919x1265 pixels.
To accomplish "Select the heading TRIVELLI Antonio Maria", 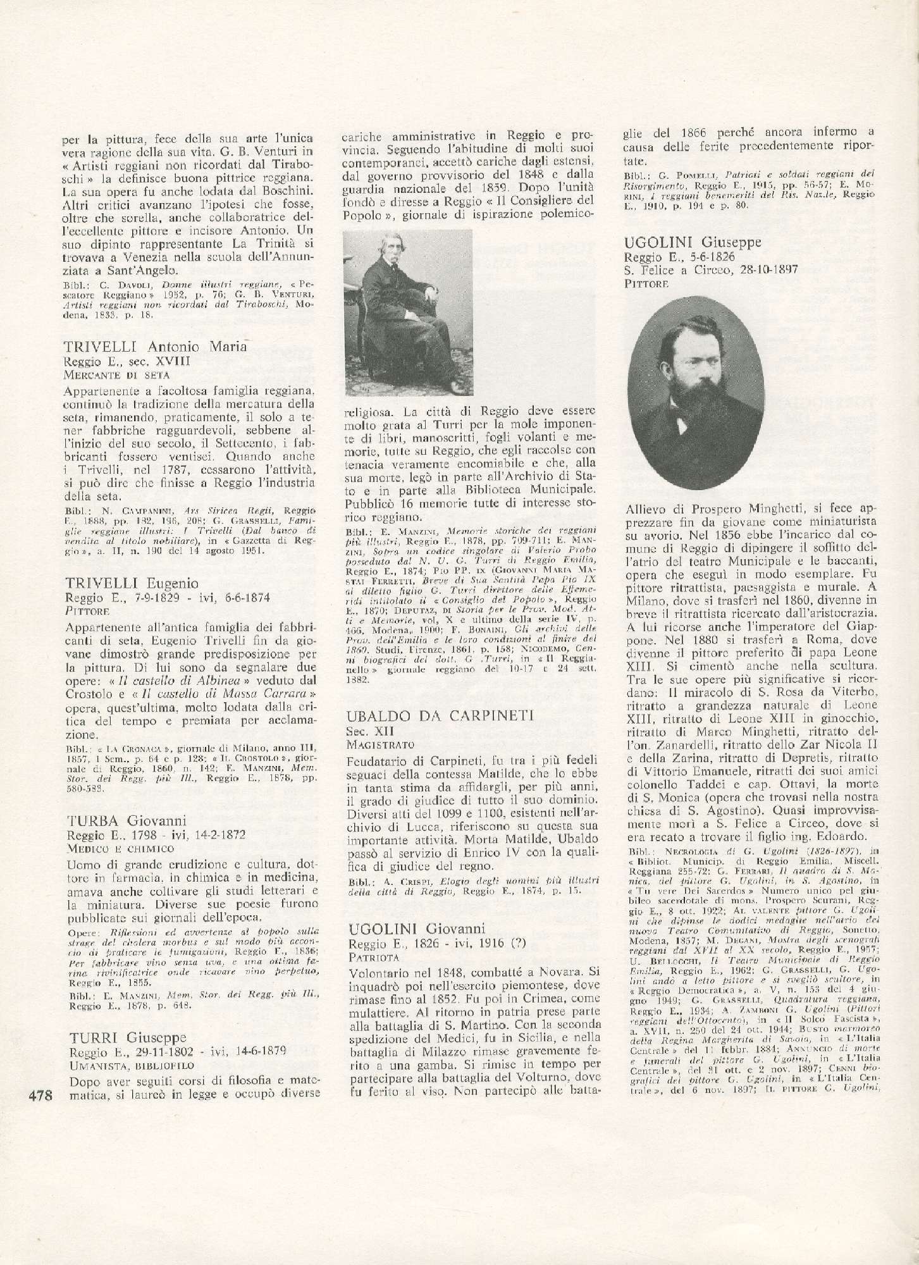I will [154, 347].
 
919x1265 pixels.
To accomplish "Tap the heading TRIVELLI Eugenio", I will [132, 583].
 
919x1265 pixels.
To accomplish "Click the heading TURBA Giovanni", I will [126, 820].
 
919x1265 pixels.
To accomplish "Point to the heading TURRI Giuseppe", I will [126, 1037].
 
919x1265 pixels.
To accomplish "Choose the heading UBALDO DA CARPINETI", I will [441, 715].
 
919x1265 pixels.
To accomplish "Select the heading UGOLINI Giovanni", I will [417, 929].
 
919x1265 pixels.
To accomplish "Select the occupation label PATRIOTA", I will [371, 956].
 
